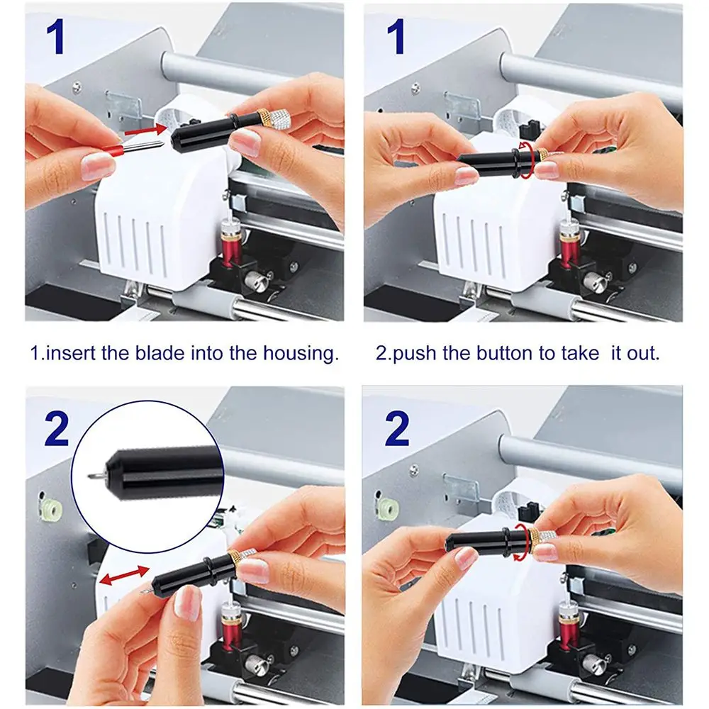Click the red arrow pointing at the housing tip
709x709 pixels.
145,130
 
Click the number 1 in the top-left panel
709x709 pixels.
55,38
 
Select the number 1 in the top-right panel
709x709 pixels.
396,38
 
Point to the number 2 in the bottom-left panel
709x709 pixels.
57,428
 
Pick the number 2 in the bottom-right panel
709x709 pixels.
396,428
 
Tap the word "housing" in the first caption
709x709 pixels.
301,354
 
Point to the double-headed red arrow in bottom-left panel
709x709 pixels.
124,574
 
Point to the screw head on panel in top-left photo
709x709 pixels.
77,85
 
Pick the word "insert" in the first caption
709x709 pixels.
71,352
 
